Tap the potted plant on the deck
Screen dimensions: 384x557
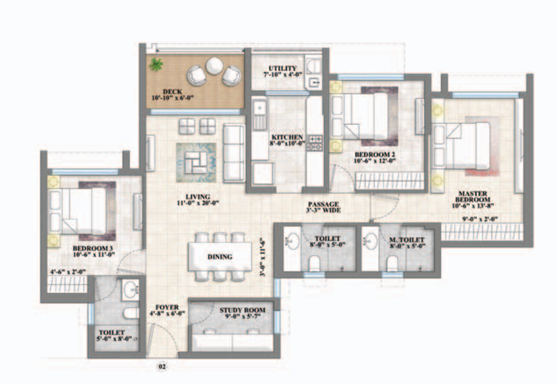click(156, 65)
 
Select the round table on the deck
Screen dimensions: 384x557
click(214, 65)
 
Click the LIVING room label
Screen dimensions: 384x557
click(194, 200)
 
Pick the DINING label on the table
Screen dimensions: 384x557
click(220, 257)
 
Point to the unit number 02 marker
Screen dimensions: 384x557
click(161, 367)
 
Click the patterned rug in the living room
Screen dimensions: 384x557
click(196, 162)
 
